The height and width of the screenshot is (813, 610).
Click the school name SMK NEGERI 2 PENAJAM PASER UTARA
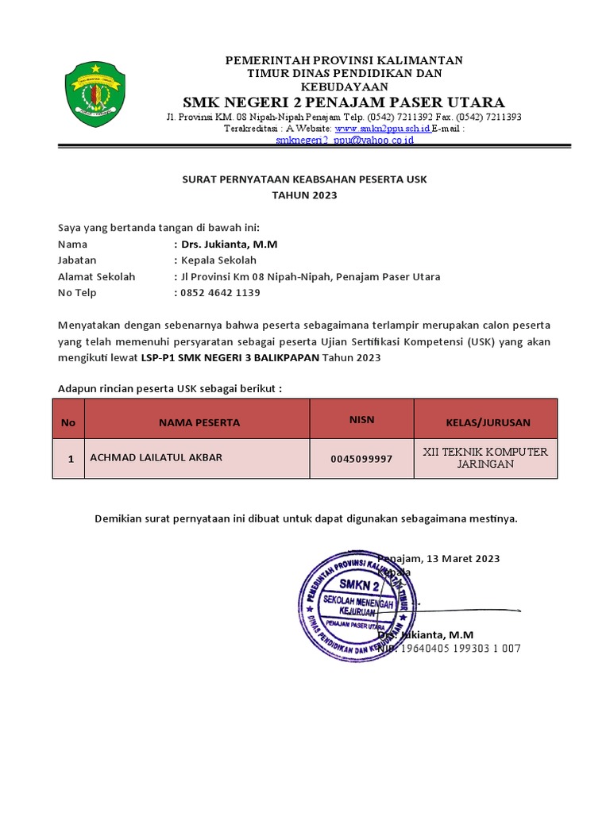(343, 102)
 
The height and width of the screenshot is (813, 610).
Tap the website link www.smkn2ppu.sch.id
(382, 128)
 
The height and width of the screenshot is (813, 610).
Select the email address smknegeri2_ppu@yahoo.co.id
(344, 140)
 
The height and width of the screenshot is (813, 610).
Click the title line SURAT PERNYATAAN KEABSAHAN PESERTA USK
(304, 179)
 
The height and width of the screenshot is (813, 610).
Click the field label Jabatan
(77, 260)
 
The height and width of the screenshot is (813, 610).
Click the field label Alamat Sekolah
(96, 277)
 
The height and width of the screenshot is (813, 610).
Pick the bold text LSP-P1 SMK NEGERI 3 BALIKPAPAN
(230, 358)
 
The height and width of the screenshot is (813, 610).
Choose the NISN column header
(361, 419)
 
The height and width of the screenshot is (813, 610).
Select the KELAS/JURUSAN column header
(488, 422)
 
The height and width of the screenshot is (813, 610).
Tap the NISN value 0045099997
(361, 459)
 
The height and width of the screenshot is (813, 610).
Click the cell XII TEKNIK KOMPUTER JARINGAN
(485, 458)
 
